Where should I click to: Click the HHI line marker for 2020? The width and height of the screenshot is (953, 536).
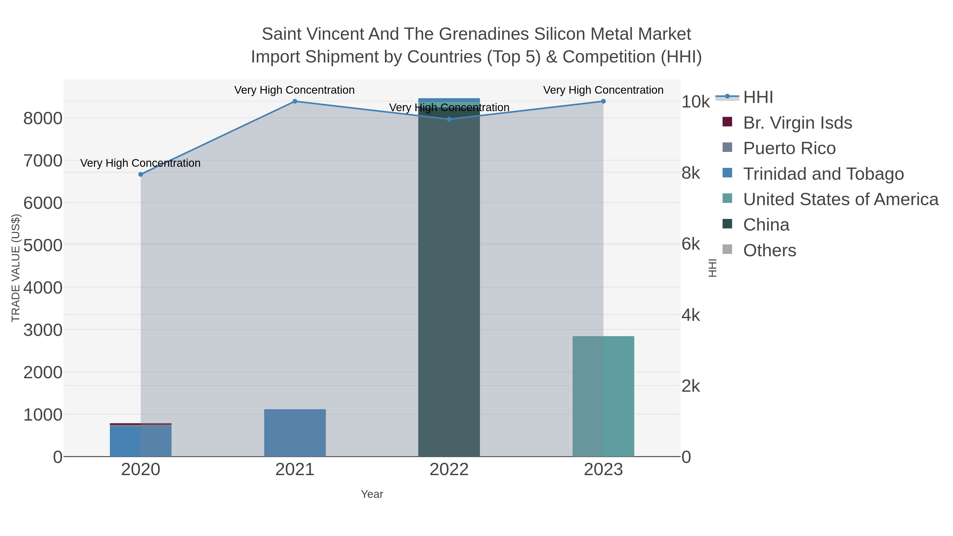[141, 174]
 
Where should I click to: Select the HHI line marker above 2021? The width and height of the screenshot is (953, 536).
[295, 101]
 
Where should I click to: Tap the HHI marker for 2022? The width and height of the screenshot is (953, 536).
[449, 119]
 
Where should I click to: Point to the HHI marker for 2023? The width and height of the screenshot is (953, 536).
[603, 101]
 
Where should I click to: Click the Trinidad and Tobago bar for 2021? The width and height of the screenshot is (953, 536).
[295, 433]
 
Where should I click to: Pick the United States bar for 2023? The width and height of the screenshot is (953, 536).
[603, 396]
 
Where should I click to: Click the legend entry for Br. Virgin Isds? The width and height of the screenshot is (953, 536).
[797, 123]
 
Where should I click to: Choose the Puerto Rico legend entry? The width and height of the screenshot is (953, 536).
[789, 148]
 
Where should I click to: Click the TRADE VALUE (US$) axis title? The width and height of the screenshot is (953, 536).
[16, 268]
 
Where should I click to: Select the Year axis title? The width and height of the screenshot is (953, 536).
[372, 494]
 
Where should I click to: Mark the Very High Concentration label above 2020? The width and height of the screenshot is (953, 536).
[141, 163]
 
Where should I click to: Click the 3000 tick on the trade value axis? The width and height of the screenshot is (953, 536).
[43, 330]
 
